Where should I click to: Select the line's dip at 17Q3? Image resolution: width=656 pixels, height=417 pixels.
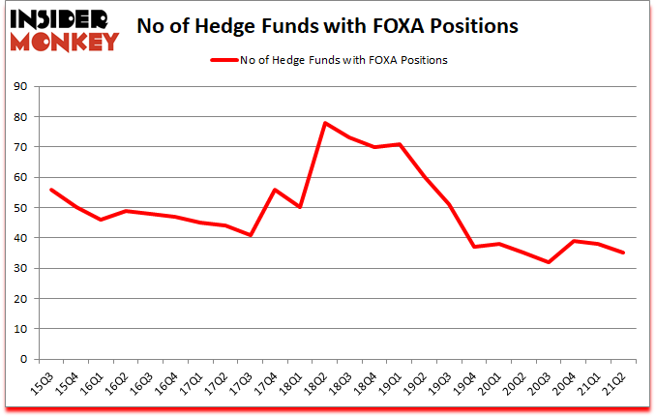[252, 235]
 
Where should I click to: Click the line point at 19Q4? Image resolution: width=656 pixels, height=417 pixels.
[474, 247]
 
